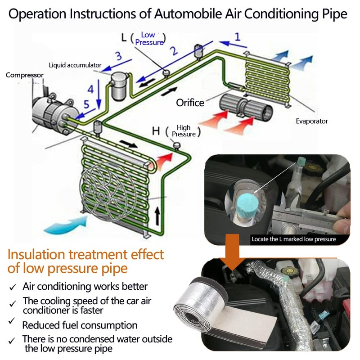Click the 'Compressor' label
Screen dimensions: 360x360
pyautogui.click(x=25, y=75)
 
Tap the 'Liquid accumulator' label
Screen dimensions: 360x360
pyautogui.click(x=75, y=65)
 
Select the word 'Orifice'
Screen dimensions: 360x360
pyautogui.click(x=190, y=103)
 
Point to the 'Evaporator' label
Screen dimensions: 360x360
pyautogui.click(x=312, y=121)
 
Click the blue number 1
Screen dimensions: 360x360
pyautogui.click(x=238, y=37)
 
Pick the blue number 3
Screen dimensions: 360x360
pyautogui.click(x=118, y=56)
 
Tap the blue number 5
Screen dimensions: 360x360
pyautogui.click(x=86, y=104)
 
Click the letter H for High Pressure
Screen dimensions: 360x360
pyautogui.click(x=156, y=131)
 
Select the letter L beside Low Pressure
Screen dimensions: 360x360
pyautogui.click(x=124, y=37)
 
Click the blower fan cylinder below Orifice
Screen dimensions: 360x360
pyautogui.click(x=246, y=108)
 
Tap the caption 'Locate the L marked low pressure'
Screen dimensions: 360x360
pyautogui.click(x=294, y=239)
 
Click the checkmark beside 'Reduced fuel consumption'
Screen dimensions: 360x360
pyautogui.click(x=12, y=321)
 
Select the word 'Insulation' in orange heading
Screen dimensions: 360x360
pyautogui.click(x=36, y=254)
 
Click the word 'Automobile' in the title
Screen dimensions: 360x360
pyautogui.click(x=188, y=14)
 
